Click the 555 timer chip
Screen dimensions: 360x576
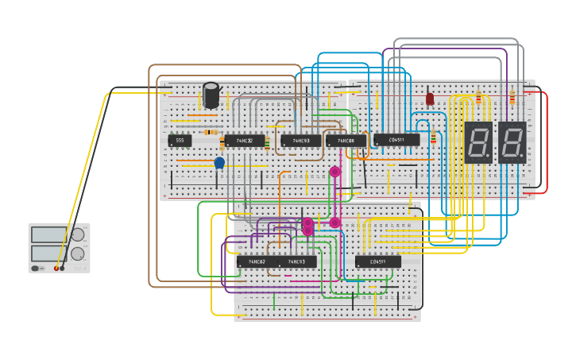point(180,141)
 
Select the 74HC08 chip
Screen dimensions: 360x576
point(346,141)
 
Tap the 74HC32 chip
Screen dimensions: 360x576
point(244,141)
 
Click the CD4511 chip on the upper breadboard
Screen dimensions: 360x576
point(396,140)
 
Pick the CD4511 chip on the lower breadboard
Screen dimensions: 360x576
point(378,261)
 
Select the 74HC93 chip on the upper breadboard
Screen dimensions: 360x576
point(300,141)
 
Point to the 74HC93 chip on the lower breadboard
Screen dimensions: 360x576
point(297,261)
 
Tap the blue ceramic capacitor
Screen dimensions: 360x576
point(219,163)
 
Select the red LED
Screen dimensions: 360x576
point(430,99)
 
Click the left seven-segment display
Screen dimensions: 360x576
point(477,143)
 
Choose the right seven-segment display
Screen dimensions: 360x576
point(512,143)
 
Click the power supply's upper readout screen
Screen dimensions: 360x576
point(48,235)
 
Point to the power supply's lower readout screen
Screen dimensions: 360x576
point(48,253)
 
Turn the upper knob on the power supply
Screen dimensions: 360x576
point(78,234)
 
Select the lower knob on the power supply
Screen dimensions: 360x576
point(78,254)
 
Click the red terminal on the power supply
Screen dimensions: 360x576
point(56,269)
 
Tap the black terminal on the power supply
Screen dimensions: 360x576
point(62,269)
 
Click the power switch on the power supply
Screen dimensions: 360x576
point(36,269)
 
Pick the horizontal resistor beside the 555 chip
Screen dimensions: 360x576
point(211,132)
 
